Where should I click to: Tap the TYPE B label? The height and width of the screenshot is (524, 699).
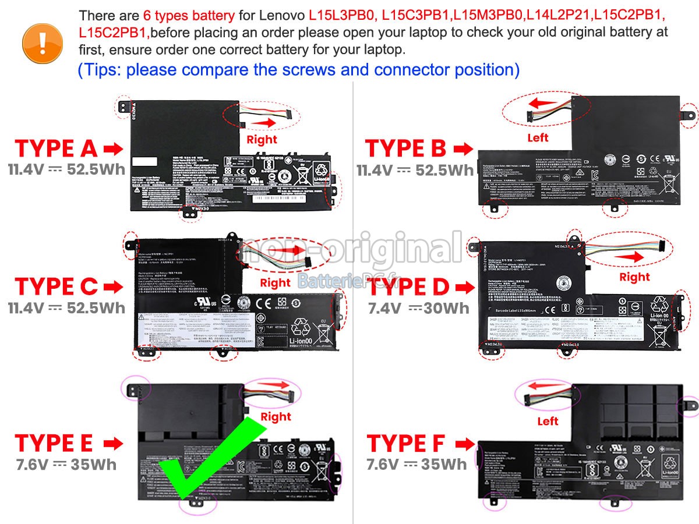pyautogui.click(x=405, y=148)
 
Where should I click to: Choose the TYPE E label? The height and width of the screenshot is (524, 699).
pyautogui.click(x=54, y=443)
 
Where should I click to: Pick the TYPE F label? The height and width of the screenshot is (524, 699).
pyautogui.click(x=405, y=443)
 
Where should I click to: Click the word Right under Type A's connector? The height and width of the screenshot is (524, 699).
pyautogui.click(x=262, y=140)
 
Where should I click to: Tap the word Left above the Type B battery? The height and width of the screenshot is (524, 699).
pyautogui.click(x=538, y=138)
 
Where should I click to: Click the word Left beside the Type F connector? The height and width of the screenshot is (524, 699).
pyautogui.click(x=548, y=421)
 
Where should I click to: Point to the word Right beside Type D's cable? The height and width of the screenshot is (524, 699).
pyautogui.click(x=634, y=277)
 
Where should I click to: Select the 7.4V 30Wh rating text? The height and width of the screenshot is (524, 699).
pyautogui.click(x=418, y=309)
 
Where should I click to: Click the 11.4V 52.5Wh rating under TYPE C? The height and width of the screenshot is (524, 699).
pyautogui.click(x=66, y=307)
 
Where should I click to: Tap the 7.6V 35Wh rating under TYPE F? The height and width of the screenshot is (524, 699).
pyautogui.click(x=416, y=464)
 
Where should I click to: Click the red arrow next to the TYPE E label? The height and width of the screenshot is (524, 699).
pyautogui.click(x=113, y=444)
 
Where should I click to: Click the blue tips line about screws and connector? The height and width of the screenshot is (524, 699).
pyautogui.click(x=299, y=70)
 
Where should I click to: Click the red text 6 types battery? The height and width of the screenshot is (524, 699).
pyautogui.click(x=189, y=16)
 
